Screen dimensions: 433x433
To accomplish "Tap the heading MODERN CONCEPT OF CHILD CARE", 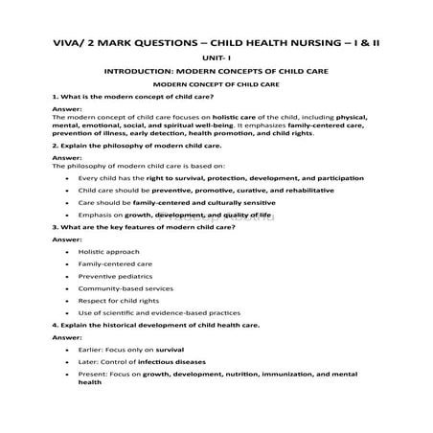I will click(216, 86).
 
